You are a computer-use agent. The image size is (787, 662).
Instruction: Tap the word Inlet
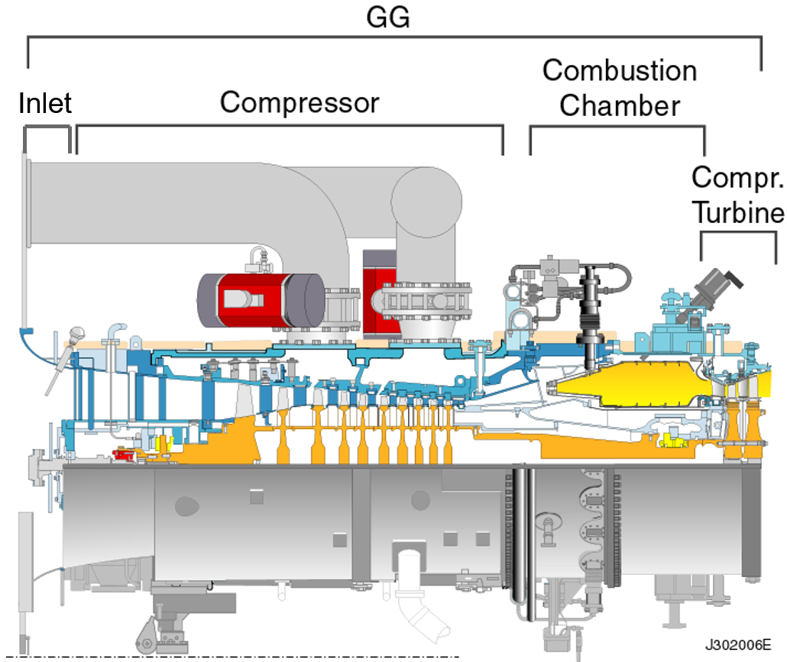coord(45,103)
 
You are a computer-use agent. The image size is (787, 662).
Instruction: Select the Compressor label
coord(300,102)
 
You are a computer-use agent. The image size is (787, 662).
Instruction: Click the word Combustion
coord(619,71)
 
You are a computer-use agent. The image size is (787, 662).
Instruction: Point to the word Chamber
coord(619,105)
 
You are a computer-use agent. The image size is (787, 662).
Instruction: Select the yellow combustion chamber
coord(642,385)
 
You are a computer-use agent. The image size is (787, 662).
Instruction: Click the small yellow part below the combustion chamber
coord(672,441)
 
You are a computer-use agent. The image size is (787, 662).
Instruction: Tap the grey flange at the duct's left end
coord(28,237)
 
